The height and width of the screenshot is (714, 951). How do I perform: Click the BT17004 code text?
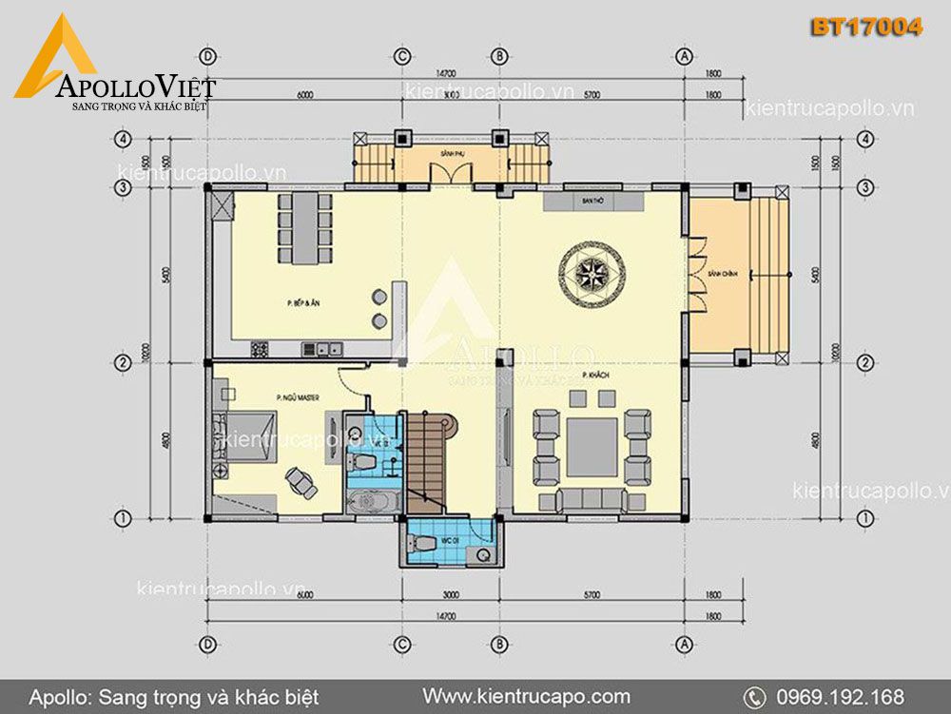point(865,28)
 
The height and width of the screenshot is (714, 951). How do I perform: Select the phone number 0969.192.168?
point(839,696)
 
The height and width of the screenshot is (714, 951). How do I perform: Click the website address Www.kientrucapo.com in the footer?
point(526,696)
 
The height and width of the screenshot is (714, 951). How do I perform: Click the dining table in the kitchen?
point(305,228)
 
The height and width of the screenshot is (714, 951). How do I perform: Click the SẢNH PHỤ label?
point(451,152)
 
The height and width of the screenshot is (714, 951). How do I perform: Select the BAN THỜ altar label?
point(592,202)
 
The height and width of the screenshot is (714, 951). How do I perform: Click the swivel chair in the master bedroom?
point(302,479)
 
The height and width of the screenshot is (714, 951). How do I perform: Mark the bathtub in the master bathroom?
point(372,502)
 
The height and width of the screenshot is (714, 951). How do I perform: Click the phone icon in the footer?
point(754,697)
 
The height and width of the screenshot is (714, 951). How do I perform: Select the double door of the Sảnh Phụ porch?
point(449,174)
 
